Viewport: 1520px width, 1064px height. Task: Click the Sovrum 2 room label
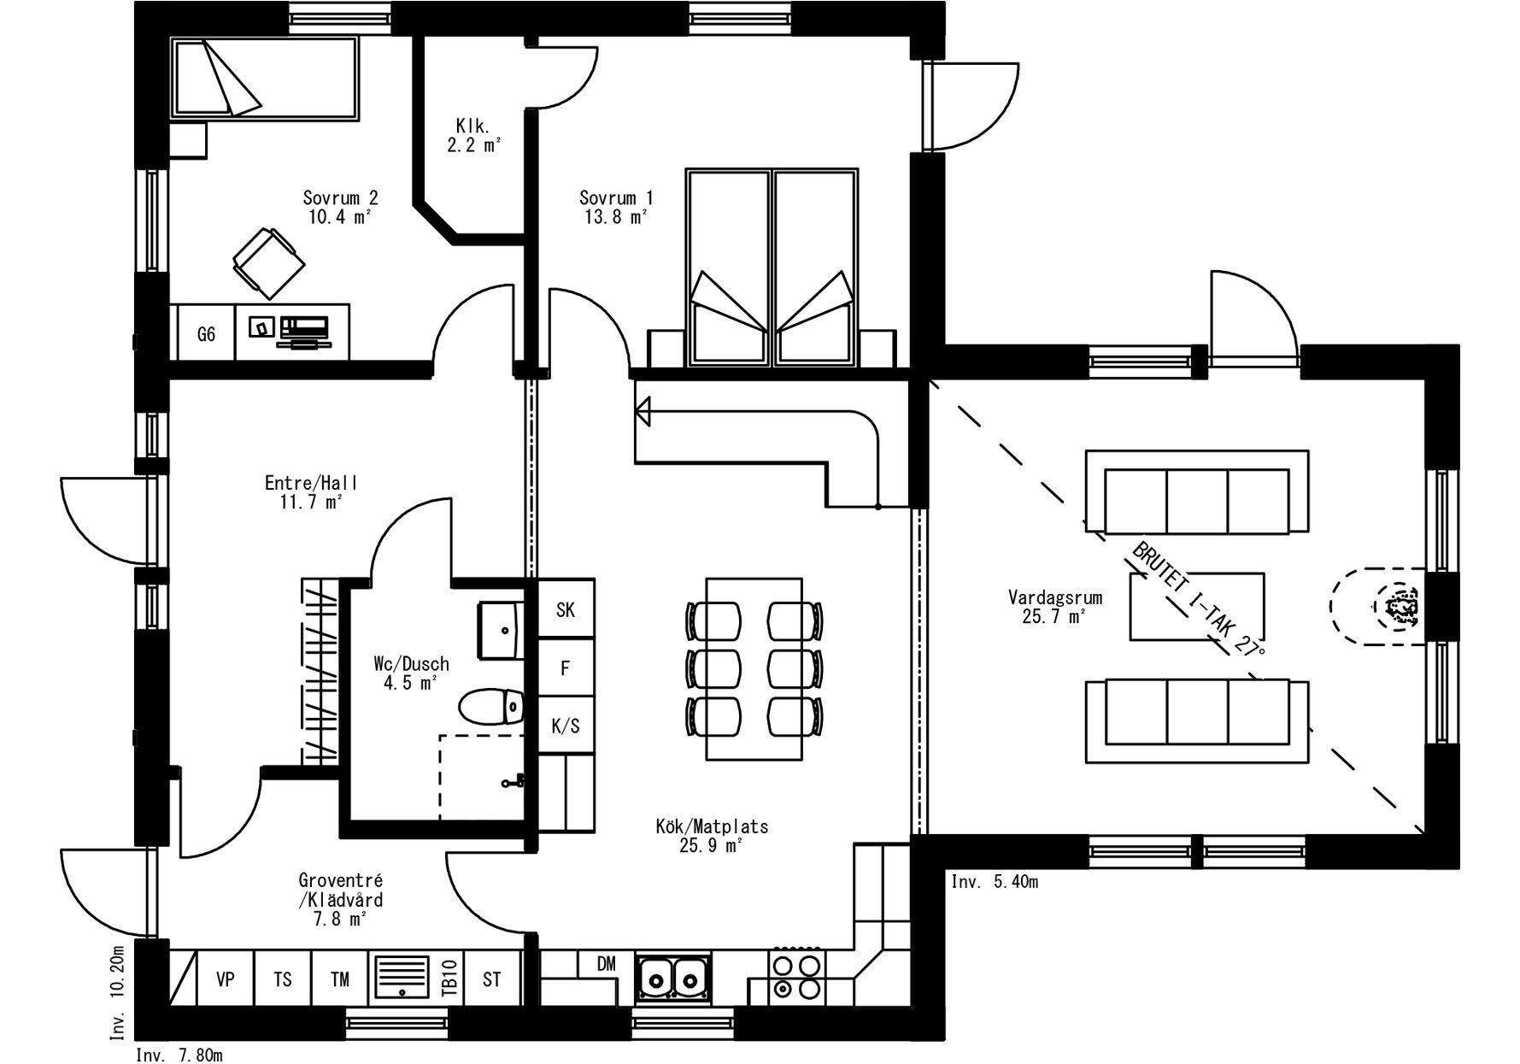click(340, 207)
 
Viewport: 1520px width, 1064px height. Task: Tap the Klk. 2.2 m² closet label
click(472, 136)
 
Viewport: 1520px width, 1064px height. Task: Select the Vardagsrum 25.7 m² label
click(1054, 607)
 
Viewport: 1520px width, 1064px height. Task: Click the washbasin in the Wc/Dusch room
click(501, 630)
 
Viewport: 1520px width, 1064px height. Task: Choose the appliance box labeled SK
click(566, 609)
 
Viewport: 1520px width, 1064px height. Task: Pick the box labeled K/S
click(566, 726)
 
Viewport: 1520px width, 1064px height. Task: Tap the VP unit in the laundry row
click(226, 979)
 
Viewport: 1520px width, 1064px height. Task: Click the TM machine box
click(340, 979)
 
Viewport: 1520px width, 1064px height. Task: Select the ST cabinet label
click(492, 979)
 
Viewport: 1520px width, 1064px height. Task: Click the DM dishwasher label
click(606, 964)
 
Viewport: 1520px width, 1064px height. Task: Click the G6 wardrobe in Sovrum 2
click(206, 332)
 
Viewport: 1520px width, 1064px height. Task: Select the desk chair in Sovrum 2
click(268, 262)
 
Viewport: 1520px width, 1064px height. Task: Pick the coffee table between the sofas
click(1197, 607)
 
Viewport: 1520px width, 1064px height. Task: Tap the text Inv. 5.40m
click(995, 882)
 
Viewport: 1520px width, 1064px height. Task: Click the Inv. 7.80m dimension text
click(179, 1055)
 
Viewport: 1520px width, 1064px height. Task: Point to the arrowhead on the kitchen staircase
click(643, 411)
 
